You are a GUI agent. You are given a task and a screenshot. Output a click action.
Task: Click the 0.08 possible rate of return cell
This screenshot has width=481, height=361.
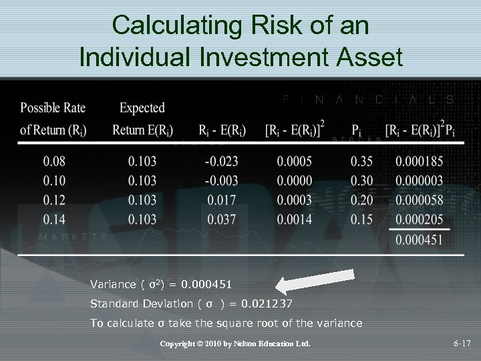tap(55, 161)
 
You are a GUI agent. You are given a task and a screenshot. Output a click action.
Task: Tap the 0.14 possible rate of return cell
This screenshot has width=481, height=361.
tap(55, 219)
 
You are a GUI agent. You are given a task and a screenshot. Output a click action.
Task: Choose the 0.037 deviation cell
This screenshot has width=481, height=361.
tap(220, 219)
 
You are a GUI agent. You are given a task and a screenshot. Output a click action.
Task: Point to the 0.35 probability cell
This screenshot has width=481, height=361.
tap(362, 161)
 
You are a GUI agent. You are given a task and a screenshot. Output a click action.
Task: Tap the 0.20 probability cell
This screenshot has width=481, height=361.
tap(362, 200)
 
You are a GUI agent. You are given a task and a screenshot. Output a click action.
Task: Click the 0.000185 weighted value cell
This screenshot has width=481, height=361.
tap(419, 161)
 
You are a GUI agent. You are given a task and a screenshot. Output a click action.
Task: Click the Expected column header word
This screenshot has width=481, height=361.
tap(142, 108)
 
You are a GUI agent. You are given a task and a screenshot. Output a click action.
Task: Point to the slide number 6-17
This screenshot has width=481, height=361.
tap(462, 344)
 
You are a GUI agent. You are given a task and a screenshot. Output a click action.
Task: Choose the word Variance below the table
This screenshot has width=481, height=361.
tap(113, 284)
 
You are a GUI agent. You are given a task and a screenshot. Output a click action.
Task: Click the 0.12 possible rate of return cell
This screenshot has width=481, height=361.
tap(55, 200)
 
